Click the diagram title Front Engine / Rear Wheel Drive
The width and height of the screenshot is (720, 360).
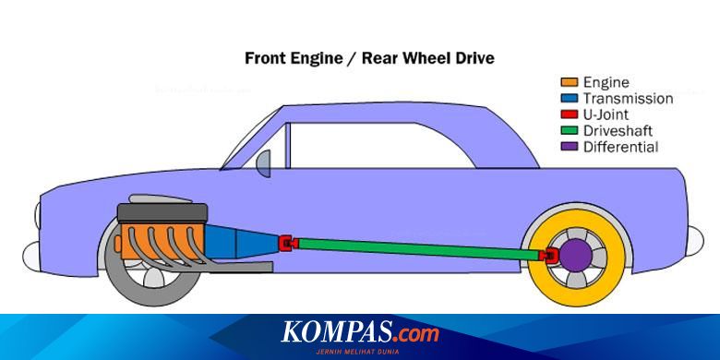pyautogui.click(x=368, y=58)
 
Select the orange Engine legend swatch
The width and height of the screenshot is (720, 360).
pyautogui.click(x=570, y=82)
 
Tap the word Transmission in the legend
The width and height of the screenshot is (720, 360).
pyautogui.click(x=628, y=98)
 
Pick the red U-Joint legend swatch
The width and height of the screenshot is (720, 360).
pyautogui.click(x=570, y=114)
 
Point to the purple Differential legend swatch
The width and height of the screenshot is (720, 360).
pyautogui.click(x=570, y=147)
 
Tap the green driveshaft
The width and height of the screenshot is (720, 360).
pyautogui.click(x=415, y=248)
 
